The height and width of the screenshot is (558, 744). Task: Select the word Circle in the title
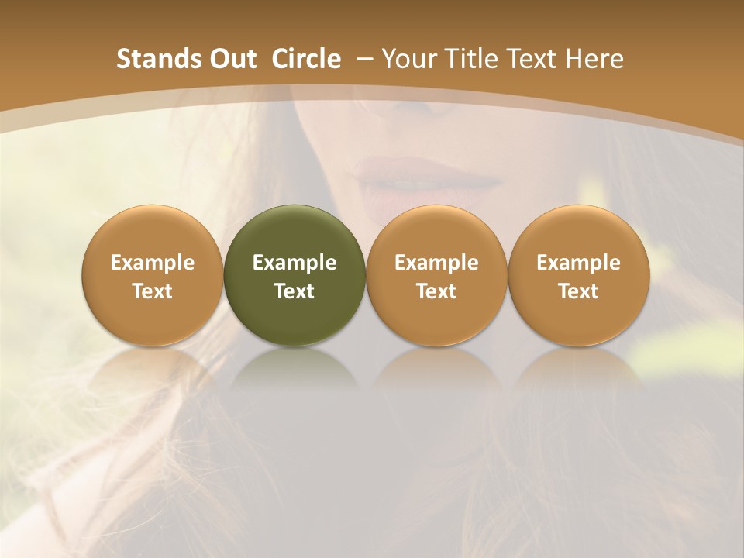point(306,59)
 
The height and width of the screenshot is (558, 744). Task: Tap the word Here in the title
point(595,59)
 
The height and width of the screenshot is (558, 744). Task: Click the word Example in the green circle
point(294,263)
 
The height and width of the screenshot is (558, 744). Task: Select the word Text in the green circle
point(294,291)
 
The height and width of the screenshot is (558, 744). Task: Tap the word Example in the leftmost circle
point(153,263)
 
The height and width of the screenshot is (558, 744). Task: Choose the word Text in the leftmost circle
point(153,291)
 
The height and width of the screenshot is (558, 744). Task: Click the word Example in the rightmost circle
point(578,263)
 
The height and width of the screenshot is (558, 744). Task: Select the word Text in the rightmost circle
point(578,291)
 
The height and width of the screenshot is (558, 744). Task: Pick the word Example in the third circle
point(436,263)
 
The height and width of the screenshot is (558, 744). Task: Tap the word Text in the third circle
point(436,291)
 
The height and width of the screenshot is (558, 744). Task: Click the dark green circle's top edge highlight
point(294,209)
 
